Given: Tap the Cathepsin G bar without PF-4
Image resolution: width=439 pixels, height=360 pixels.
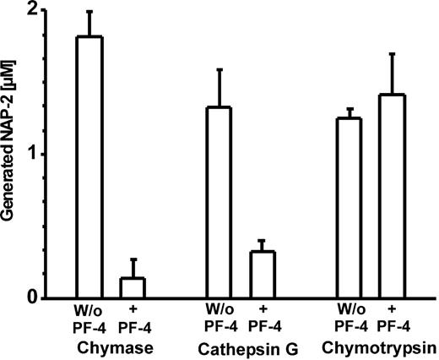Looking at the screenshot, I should click(219, 203).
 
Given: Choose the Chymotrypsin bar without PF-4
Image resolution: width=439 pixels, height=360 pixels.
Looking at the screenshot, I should click(349, 208).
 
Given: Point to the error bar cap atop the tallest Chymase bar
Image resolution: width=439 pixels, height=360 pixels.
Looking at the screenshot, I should click(89, 12).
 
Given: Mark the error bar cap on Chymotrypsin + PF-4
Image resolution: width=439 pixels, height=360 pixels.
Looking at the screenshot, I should click(393, 54).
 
